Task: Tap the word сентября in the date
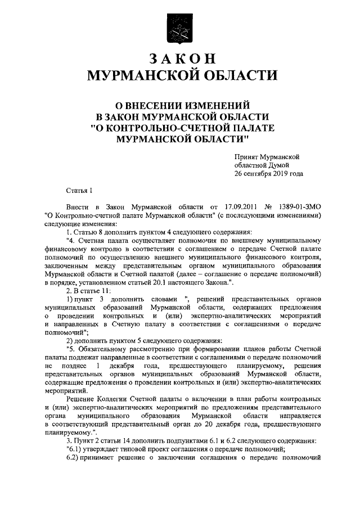point(256,174)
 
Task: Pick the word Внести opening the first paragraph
point(77,208)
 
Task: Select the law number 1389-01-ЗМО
point(304,208)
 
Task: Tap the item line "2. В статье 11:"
point(89,290)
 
